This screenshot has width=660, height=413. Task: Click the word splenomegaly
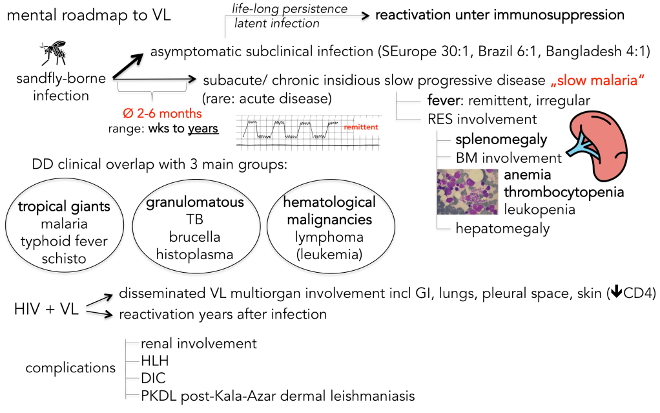(x=500, y=139)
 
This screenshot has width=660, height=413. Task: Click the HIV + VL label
(x=46, y=309)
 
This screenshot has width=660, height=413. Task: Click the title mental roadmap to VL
(x=88, y=14)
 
